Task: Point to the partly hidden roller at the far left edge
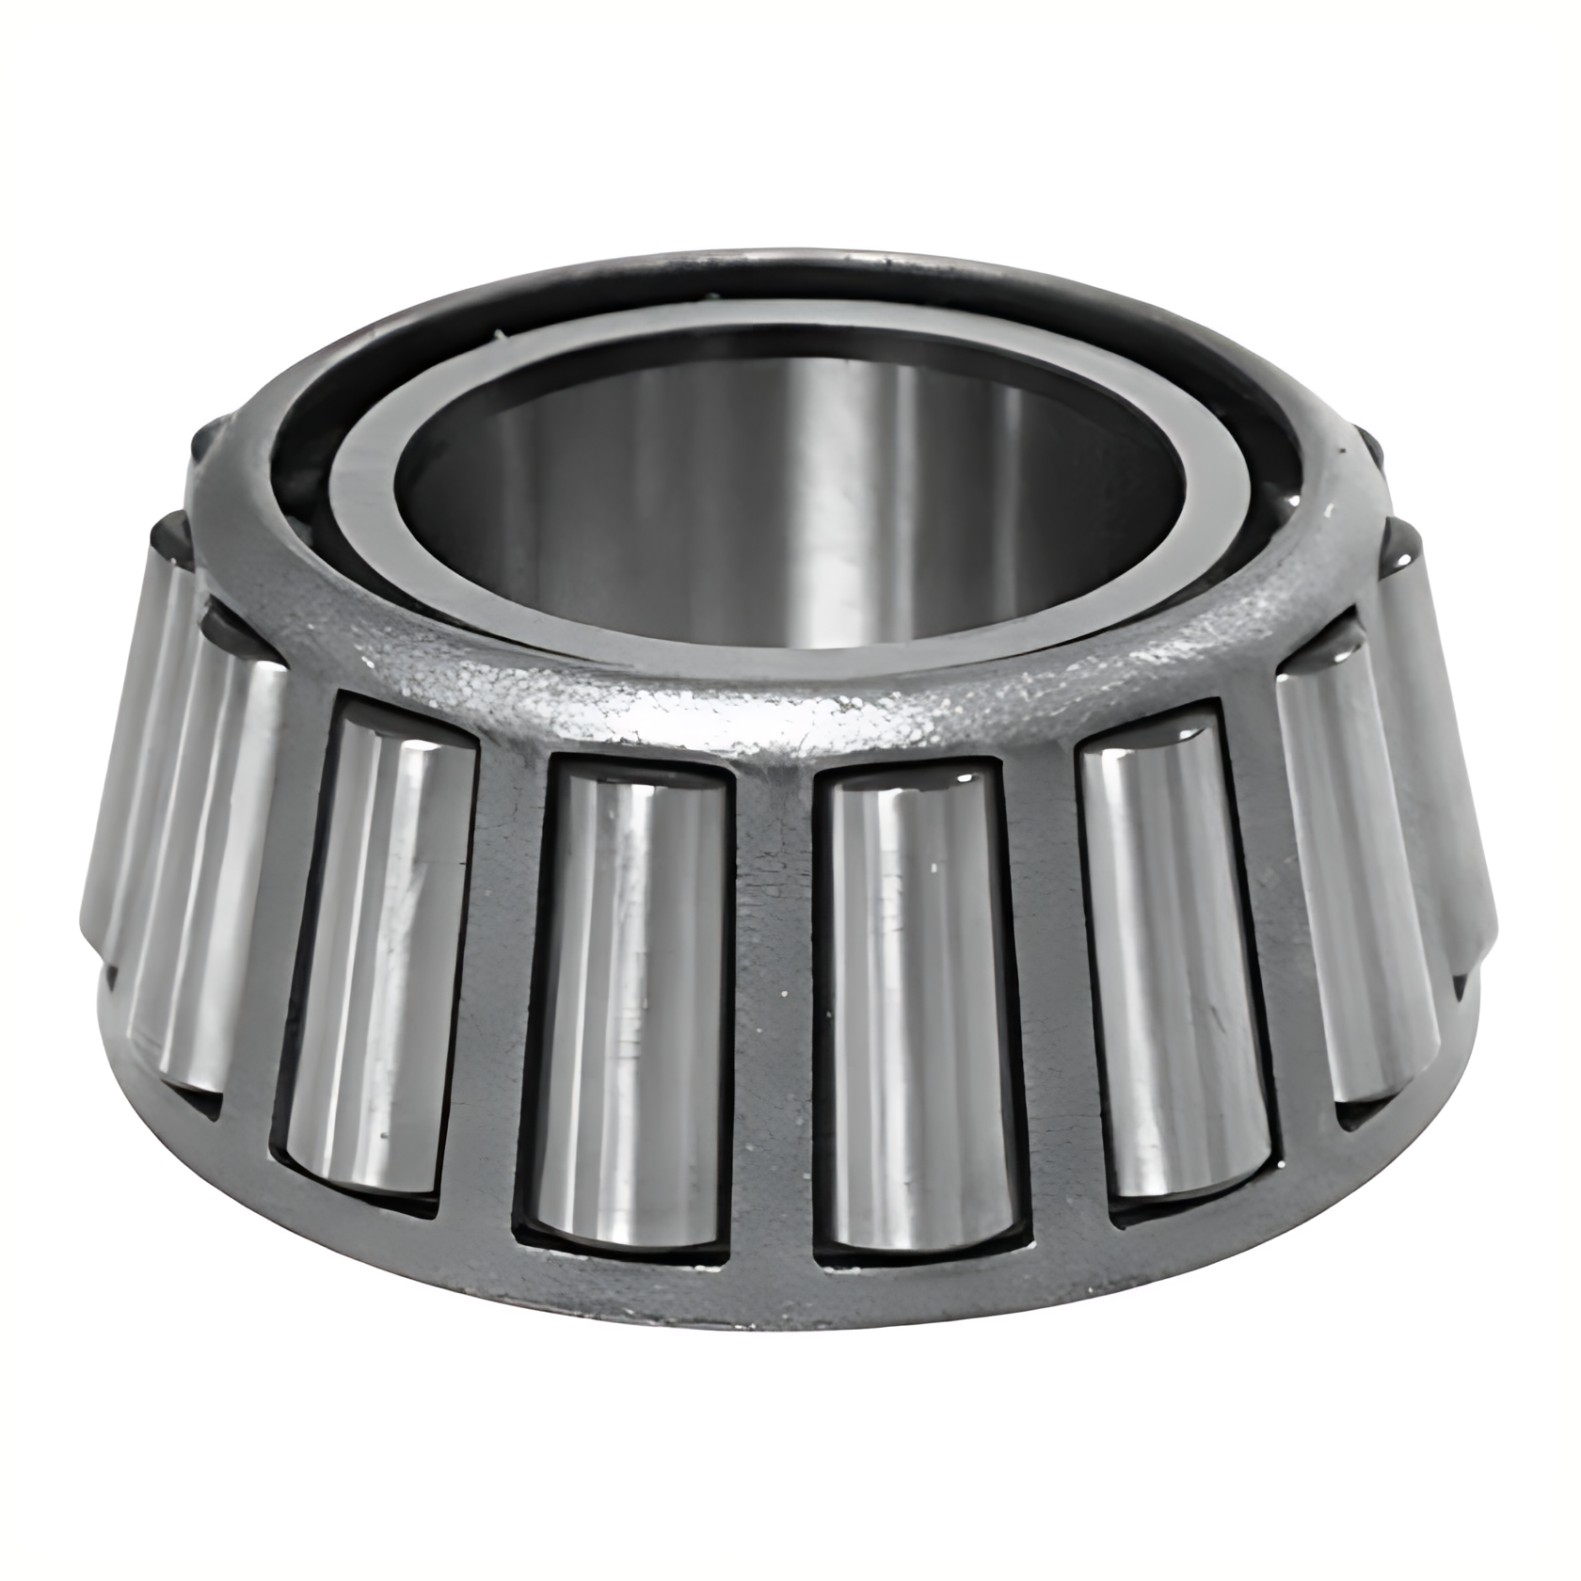click(x=122, y=753)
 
